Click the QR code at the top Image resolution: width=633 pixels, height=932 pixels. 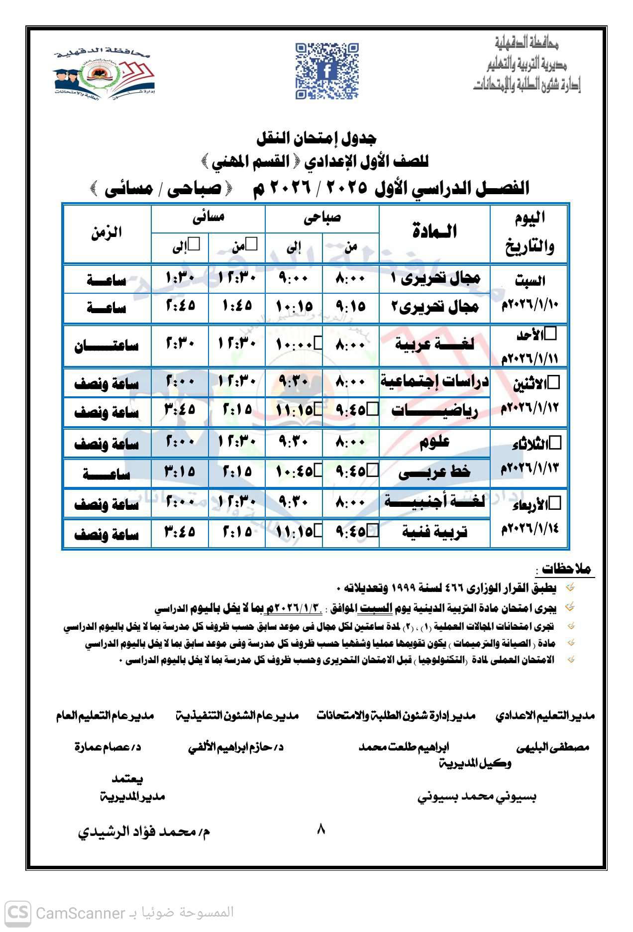pyautogui.click(x=327, y=71)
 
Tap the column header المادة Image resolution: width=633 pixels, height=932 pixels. pyautogui.click(x=434, y=232)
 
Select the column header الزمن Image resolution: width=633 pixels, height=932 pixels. pyautogui.click(x=106, y=233)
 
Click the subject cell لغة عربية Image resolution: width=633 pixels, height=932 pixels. pyautogui.click(x=434, y=345)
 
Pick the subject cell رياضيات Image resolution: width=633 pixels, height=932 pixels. pyautogui.click(x=434, y=411)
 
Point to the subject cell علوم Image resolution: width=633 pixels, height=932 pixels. pyautogui.click(x=434, y=442)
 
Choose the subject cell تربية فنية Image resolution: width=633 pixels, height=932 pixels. pyautogui.click(x=434, y=533)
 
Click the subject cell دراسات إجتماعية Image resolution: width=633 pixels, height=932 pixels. pyautogui.click(x=434, y=382)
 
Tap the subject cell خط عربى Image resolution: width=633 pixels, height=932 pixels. pyautogui.click(x=434, y=472)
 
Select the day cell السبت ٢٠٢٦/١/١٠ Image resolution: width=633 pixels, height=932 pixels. pyautogui.click(x=529, y=293)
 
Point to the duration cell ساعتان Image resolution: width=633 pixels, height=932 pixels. pyautogui.click(x=106, y=346)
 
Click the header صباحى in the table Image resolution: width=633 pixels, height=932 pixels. pyautogui.click(x=322, y=218)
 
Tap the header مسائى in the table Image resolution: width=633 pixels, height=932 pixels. pyautogui.click(x=208, y=218)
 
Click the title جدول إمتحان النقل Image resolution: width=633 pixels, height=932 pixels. pyautogui.click(x=316, y=138)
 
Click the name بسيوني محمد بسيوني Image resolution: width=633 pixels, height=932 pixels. pyautogui.click(x=476, y=797)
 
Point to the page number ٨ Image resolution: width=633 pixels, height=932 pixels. pyautogui.click(x=320, y=829)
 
